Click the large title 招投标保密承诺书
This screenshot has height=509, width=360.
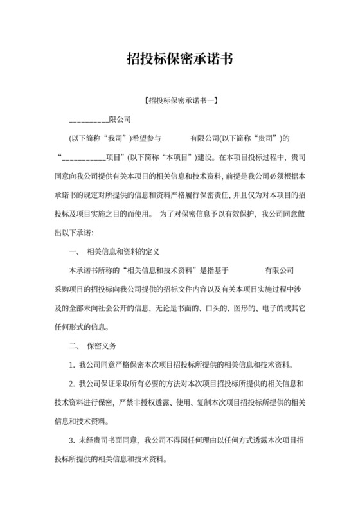click(x=179, y=60)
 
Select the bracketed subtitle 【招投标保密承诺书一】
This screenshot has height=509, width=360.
click(x=179, y=101)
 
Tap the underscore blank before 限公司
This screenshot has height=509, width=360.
click(x=88, y=120)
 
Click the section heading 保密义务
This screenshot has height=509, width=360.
click(x=102, y=346)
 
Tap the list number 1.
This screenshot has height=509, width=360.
click(x=72, y=366)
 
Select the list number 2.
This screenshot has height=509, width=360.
click(x=72, y=384)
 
